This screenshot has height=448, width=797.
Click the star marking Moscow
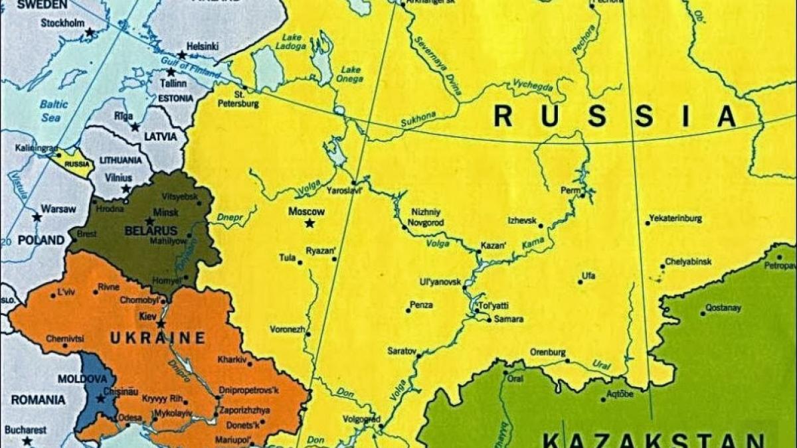tap(310, 224)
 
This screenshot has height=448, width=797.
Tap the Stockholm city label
tap(62, 23)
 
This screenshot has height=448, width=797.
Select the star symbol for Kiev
tap(161, 324)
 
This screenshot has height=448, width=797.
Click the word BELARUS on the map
tap(151, 230)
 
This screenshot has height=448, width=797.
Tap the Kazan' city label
tap(492, 245)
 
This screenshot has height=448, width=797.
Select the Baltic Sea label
tap(53, 110)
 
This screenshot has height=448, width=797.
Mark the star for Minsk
tap(150, 221)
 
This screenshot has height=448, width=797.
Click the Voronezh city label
tap(287, 329)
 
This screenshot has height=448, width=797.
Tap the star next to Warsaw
tap(37, 217)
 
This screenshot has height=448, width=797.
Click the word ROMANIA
tap(38, 400)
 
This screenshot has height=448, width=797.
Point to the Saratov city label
tap(401, 350)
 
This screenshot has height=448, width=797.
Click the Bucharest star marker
tap(27, 441)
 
